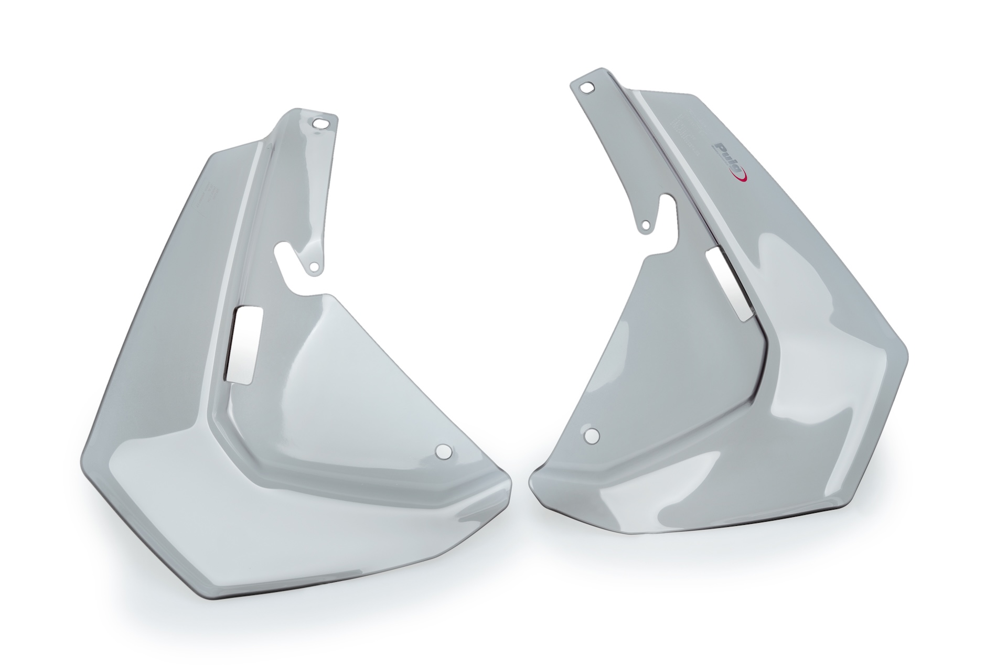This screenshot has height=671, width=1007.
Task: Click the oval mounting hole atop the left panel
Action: coord(318,124)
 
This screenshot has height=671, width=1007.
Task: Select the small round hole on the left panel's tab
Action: coord(314,267)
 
